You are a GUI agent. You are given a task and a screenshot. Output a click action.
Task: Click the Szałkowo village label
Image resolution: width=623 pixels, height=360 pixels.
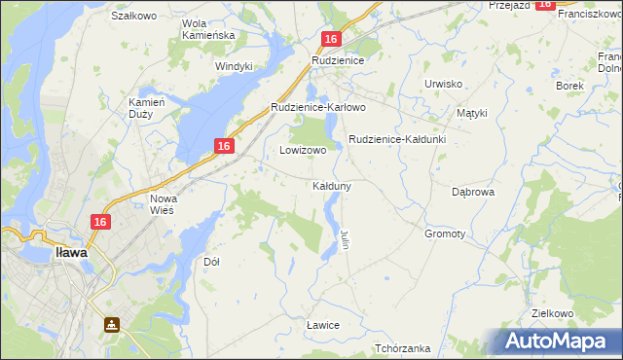(x=134, y=17)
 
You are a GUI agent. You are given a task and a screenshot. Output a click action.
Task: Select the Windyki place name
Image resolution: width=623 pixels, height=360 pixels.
(x=234, y=66)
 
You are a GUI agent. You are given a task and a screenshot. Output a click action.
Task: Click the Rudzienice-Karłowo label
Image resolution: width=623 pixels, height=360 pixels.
(x=317, y=107)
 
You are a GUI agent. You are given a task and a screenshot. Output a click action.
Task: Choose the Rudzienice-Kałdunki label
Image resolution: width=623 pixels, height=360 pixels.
(x=396, y=139)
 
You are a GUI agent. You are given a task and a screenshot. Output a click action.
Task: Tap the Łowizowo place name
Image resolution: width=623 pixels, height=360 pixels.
(x=303, y=151)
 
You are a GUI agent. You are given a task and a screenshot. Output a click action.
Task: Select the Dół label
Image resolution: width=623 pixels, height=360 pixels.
(x=211, y=262)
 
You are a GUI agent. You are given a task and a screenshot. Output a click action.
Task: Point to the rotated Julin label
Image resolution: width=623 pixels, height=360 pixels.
(x=345, y=237)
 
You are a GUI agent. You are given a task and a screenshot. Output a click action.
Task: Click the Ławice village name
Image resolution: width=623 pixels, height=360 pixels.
(x=321, y=325)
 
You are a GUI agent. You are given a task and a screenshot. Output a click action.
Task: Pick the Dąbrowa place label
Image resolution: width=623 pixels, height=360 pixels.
(x=474, y=193)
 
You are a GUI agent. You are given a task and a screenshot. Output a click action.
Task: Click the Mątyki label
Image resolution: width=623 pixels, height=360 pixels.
(x=471, y=113)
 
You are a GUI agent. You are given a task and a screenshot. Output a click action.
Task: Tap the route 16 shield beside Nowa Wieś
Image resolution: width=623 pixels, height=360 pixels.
(x=99, y=223)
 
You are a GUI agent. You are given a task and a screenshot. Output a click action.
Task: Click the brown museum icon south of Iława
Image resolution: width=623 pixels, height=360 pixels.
(x=112, y=324)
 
